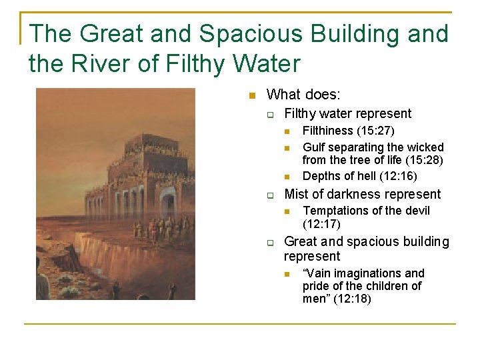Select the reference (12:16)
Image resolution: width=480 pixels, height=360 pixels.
(399, 176)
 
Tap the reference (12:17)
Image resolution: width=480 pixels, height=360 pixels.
(321, 225)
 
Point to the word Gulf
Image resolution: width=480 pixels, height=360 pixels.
(313, 147)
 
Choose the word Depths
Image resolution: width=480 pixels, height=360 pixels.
(320, 176)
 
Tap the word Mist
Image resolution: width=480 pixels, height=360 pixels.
(296, 194)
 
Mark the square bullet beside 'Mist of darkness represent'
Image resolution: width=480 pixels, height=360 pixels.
(271, 195)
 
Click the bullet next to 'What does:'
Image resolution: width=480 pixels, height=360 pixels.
(251, 96)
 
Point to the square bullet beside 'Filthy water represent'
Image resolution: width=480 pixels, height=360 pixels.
(271, 115)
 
